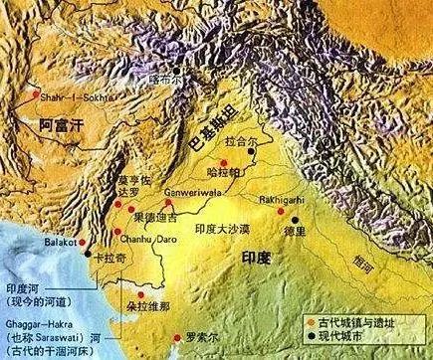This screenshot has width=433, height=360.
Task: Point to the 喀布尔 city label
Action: click(164, 77)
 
